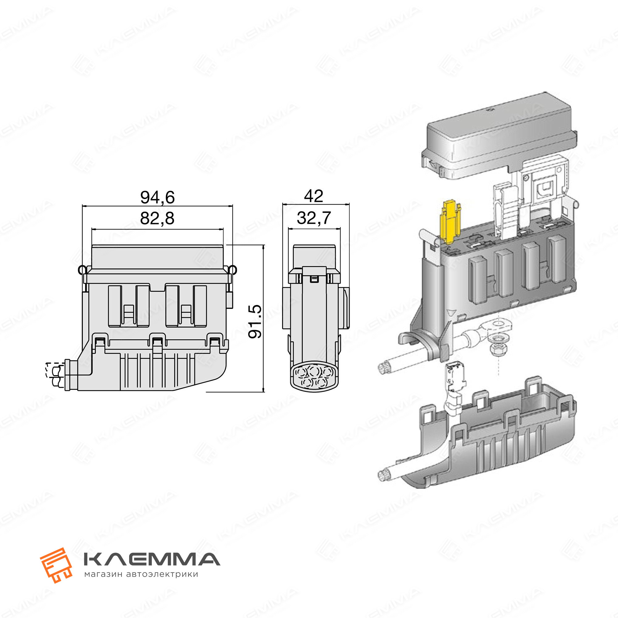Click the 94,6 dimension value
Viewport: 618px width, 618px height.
157,197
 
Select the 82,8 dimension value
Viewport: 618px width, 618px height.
157,218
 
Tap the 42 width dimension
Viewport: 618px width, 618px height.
313,196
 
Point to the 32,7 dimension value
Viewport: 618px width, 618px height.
314,218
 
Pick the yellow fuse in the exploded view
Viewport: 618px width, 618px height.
451,222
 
